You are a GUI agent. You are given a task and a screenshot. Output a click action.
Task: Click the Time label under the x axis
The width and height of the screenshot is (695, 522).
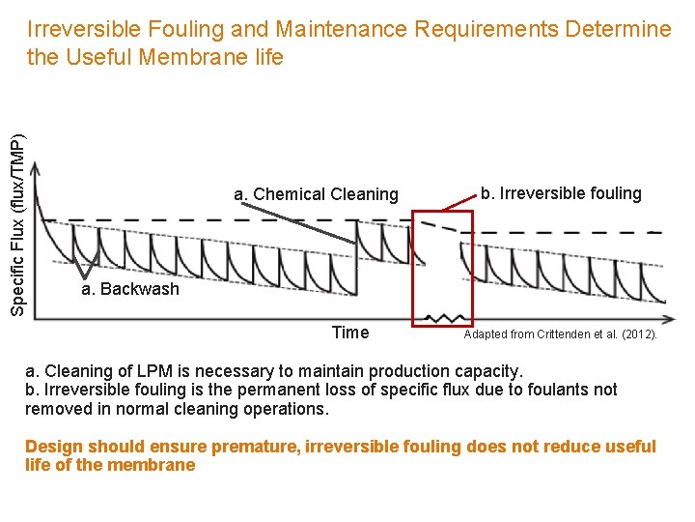[349, 333]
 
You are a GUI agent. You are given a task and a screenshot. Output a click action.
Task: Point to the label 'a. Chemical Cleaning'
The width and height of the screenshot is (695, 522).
[316, 194]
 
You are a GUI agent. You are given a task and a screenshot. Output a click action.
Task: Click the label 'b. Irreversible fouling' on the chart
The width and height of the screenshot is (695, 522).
[561, 193]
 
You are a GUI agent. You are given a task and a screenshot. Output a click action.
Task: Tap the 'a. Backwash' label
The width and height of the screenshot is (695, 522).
[130, 289]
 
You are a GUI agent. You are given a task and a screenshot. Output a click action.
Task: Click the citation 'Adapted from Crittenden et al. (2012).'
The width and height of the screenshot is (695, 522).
[560, 335]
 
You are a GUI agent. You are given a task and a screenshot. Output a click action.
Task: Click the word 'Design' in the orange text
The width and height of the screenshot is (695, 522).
[54, 447]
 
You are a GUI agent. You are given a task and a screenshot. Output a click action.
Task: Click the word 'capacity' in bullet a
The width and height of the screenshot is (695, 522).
[487, 371]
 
